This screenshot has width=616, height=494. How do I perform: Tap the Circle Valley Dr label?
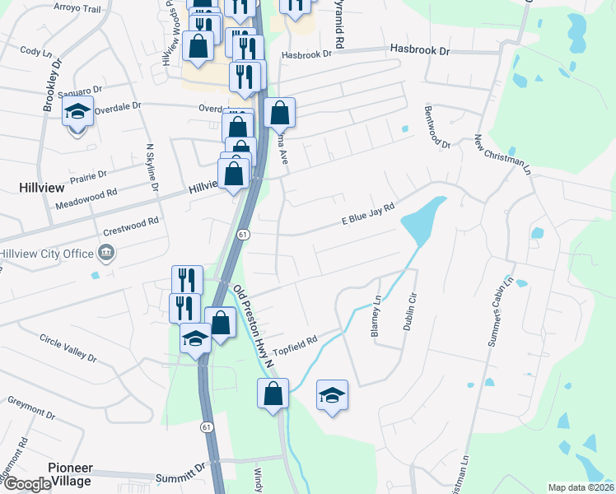(68, 347)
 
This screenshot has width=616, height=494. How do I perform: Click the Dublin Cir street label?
(409, 312)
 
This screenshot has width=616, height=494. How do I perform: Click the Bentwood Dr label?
(437, 127)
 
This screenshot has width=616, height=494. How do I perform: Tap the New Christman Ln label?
(500, 151)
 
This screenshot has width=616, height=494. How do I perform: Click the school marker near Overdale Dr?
(77, 112)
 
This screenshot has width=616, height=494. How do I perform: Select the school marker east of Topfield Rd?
(332, 396)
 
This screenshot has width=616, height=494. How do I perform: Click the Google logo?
(26, 484)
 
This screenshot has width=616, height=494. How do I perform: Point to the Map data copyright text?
(580, 487)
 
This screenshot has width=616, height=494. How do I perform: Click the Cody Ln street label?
(35, 51)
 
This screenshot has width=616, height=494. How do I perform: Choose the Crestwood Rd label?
(132, 223)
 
